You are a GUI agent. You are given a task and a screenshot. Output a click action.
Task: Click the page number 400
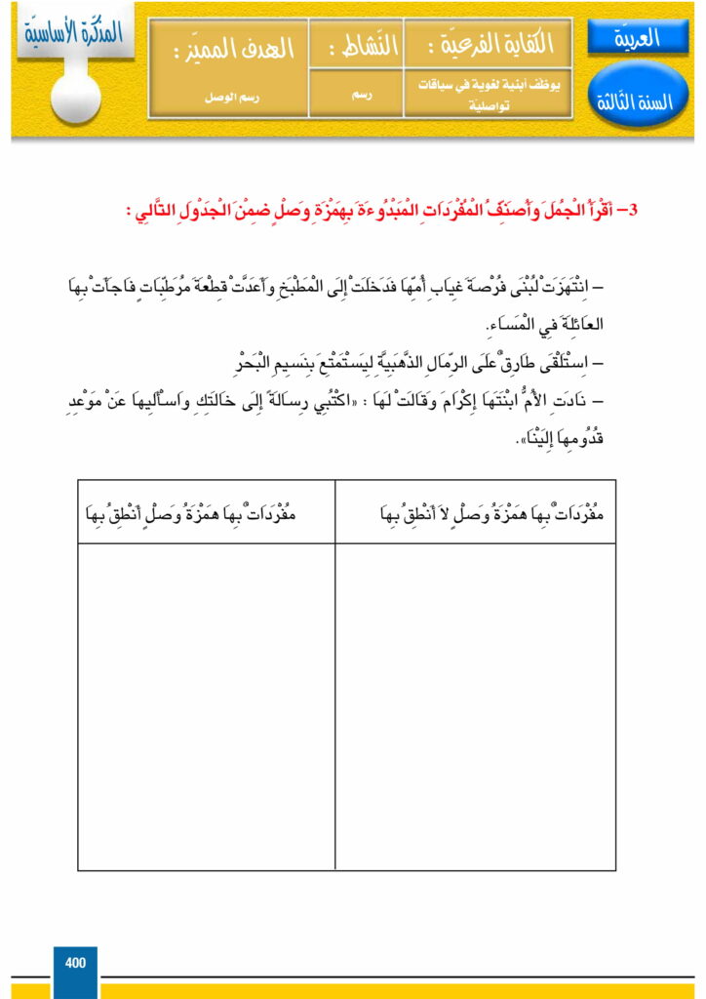(75, 963)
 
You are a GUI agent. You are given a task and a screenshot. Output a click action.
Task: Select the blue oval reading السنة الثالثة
(639, 100)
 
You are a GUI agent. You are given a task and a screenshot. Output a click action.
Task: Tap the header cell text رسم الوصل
(228, 98)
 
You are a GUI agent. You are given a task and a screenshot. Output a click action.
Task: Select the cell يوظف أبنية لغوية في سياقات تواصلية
(489, 98)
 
